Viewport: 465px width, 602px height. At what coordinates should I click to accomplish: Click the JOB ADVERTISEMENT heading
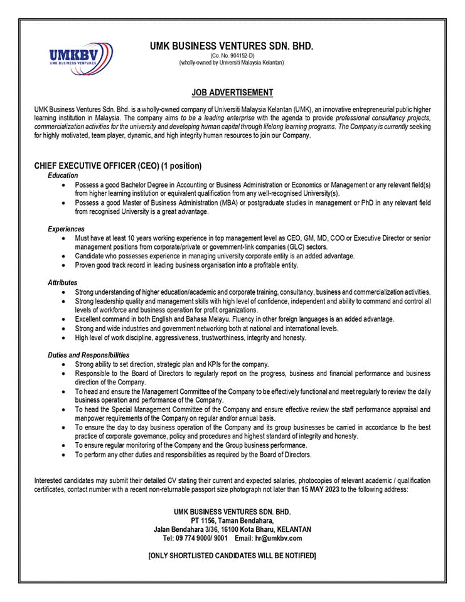[232, 93]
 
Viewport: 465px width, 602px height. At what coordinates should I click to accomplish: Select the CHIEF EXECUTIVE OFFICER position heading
[118, 166]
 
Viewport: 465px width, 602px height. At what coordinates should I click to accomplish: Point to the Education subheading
[63, 176]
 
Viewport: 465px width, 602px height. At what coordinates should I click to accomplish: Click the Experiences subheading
[66, 230]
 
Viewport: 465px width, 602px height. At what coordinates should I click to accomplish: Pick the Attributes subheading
[63, 283]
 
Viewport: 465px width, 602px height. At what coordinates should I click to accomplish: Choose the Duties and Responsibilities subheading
[88, 355]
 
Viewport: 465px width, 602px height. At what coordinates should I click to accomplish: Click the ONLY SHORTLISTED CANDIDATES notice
[232, 556]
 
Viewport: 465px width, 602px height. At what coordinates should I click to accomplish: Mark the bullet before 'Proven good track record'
[65, 265]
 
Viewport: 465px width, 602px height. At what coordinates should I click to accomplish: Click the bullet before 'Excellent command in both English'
[65, 319]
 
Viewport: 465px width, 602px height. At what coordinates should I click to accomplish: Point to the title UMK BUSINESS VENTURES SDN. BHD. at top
[232, 46]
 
